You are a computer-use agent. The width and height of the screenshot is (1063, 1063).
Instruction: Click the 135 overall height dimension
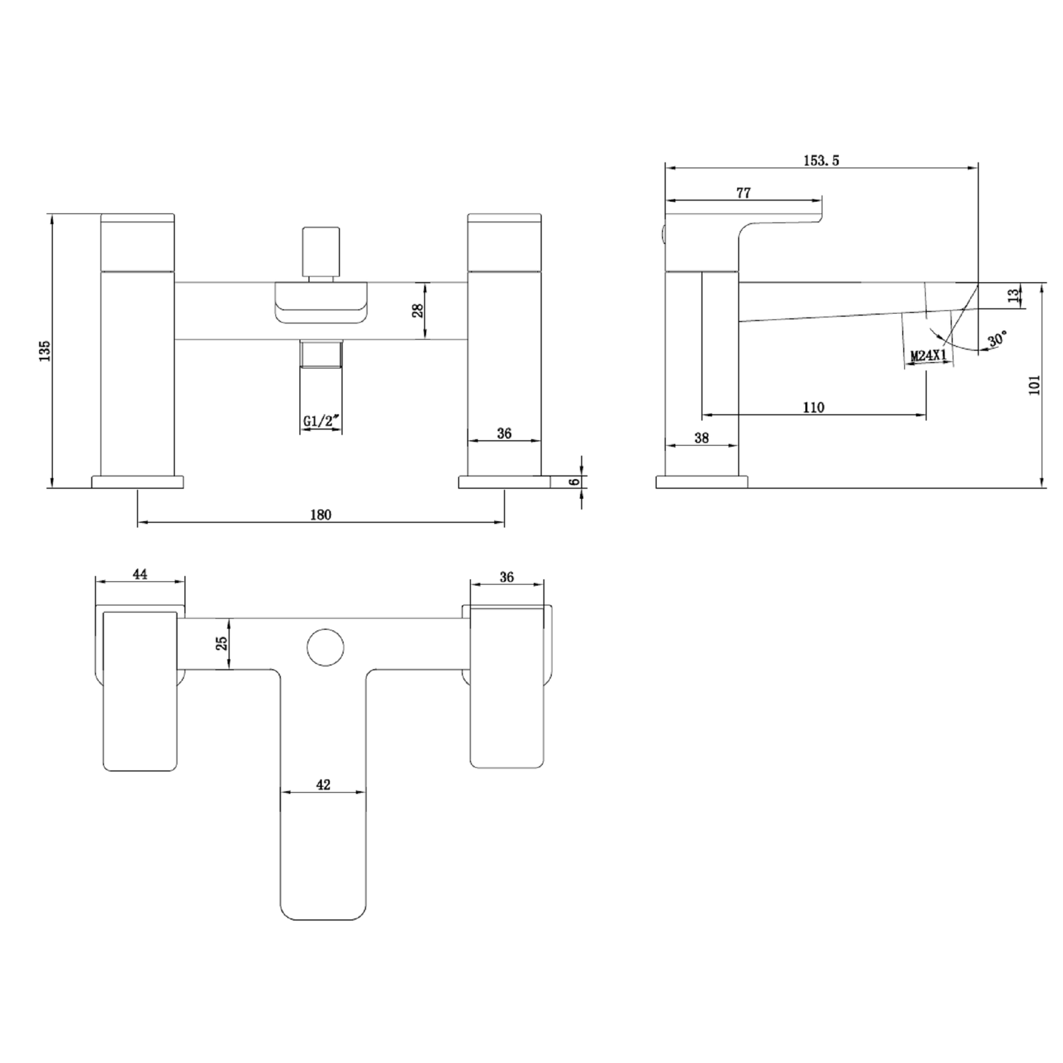pos(45,350)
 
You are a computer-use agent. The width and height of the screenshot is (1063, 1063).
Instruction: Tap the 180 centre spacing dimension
pos(321,515)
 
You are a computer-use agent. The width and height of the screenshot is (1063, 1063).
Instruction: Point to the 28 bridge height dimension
pos(418,310)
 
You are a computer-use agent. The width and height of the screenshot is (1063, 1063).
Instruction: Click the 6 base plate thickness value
pos(575,482)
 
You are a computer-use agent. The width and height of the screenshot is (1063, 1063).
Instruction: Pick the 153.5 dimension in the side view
pos(821,160)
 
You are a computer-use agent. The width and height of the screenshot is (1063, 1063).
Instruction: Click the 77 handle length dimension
pos(743,192)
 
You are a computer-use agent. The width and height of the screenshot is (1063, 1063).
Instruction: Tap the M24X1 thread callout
pos(929,356)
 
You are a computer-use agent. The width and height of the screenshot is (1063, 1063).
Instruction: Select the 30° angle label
pos(996,339)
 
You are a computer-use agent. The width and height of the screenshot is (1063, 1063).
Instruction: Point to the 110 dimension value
pos(814,407)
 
